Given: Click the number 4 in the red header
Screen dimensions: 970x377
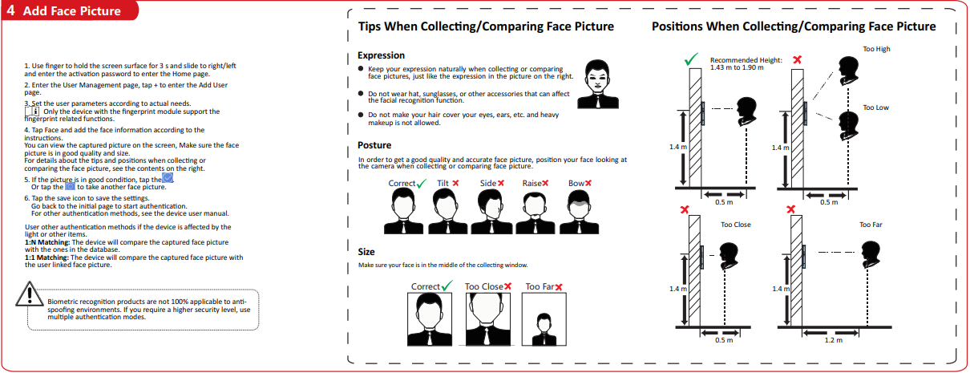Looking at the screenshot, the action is point(11,10).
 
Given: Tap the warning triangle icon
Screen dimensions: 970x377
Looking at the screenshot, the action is point(30,294).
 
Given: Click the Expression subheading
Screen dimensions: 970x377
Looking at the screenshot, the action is point(381,55).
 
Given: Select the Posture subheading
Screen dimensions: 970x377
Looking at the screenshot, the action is point(374,145).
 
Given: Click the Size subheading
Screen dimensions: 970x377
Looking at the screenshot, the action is point(366,252).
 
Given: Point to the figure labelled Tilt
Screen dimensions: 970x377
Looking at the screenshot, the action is point(447,212).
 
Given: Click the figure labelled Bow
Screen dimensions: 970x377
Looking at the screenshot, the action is point(579,212).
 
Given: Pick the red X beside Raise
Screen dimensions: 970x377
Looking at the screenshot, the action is point(545,184).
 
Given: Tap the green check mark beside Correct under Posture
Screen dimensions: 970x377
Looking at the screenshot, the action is point(422,184).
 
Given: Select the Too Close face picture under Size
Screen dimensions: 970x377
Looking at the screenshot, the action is point(487,319).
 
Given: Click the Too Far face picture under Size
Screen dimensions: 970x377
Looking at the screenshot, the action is point(544,319).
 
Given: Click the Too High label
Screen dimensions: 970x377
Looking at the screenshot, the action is point(876,49).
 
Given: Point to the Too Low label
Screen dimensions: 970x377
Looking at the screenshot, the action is point(875,107).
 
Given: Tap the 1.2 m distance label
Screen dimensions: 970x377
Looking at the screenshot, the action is point(833,340).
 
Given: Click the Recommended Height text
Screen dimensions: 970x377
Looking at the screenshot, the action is point(746,60).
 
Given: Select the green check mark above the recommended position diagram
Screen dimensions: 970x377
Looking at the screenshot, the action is point(691,59).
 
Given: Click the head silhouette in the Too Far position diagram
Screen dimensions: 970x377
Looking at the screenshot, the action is point(871,254).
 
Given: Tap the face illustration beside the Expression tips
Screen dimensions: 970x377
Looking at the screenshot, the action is point(598,84).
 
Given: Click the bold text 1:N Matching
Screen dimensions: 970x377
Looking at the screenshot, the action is point(47,242).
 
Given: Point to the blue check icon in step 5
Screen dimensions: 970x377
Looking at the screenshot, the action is point(168,177).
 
